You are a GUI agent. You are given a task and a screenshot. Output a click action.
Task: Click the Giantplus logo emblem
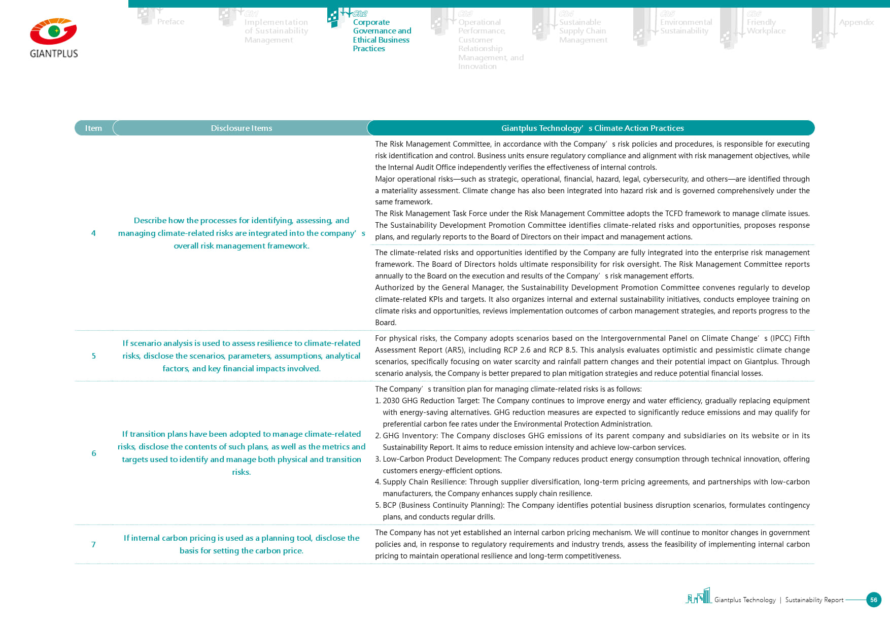click(53, 31)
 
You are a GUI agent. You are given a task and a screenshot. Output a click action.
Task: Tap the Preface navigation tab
click(170, 22)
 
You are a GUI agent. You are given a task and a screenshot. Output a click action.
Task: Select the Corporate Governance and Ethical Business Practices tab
click(381, 35)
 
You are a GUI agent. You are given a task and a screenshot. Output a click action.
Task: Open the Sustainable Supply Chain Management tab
click(583, 31)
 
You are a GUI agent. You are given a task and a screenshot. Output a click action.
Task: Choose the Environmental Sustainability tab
click(686, 26)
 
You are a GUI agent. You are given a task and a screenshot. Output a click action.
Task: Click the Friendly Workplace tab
click(766, 26)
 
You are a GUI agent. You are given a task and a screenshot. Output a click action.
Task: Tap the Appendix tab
click(856, 22)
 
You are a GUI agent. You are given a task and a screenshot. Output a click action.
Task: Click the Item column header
click(93, 128)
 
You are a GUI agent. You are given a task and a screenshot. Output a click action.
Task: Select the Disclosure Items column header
click(242, 128)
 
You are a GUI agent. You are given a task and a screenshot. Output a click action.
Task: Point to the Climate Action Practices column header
click(592, 128)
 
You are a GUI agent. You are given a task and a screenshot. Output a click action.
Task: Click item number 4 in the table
click(93, 233)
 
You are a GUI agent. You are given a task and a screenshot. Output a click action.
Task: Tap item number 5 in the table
click(93, 356)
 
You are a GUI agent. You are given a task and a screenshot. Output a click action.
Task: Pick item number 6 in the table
click(93, 453)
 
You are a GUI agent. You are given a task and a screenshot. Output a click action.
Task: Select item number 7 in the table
click(93, 545)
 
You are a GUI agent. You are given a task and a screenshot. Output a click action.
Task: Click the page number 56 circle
click(873, 600)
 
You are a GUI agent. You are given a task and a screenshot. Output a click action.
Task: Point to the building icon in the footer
click(699, 596)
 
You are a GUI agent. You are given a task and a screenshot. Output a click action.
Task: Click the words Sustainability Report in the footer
click(814, 600)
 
